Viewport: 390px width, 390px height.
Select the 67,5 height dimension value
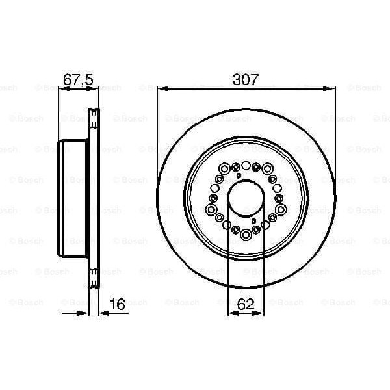point(78,80)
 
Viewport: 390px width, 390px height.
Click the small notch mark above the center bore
point(239,176)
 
